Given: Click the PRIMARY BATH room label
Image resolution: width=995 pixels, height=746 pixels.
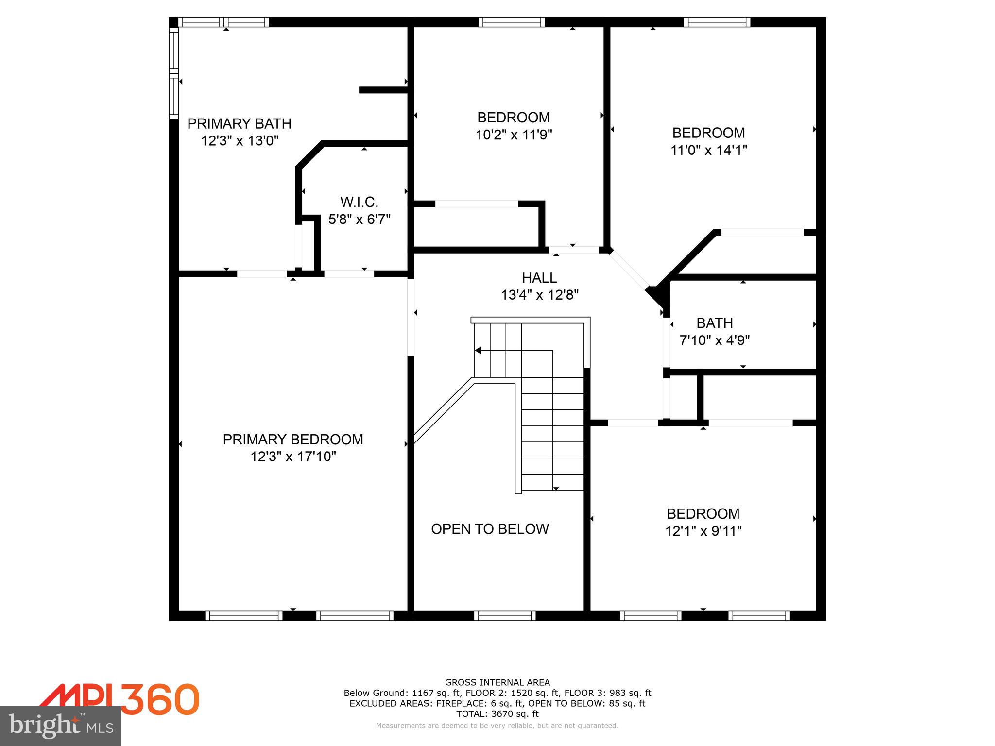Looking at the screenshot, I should click(x=239, y=123).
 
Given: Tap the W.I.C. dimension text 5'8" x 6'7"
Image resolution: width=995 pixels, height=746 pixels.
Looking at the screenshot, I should click(x=359, y=220).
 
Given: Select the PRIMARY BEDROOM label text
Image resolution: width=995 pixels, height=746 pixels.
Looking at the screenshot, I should click(x=292, y=440).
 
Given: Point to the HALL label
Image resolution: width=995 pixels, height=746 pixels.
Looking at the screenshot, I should click(x=539, y=278).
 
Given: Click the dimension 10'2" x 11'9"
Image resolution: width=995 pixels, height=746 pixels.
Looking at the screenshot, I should click(x=514, y=135).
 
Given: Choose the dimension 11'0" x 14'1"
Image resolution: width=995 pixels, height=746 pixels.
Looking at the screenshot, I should click(x=708, y=150).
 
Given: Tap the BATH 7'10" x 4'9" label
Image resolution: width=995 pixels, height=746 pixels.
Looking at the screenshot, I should click(x=714, y=332).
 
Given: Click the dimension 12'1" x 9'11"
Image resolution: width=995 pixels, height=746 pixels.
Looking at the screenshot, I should click(x=703, y=531).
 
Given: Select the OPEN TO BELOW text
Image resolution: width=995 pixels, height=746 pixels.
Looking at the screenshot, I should click(x=490, y=529).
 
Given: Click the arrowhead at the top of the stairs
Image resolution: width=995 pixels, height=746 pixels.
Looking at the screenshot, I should click(x=478, y=350).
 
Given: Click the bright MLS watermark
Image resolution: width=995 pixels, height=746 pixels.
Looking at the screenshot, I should click(x=61, y=726).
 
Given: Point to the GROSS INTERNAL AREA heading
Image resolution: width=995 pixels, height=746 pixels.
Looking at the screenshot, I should click(x=497, y=682).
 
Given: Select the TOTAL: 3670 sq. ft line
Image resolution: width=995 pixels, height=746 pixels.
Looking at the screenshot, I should click(x=497, y=714).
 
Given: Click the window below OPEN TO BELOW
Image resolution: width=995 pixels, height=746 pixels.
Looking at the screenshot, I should click(x=504, y=616).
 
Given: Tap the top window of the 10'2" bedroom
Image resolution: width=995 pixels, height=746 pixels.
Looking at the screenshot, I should click(x=511, y=22).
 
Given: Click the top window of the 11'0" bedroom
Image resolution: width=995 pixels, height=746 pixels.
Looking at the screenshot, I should click(x=717, y=22).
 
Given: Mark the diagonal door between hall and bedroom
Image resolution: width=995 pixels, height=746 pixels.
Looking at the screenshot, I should click(x=629, y=270).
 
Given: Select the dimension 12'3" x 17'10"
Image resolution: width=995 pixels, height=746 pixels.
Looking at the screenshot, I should click(x=293, y=457).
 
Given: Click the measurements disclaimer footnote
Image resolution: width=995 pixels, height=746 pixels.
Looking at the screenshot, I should click(x=497, y=726).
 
